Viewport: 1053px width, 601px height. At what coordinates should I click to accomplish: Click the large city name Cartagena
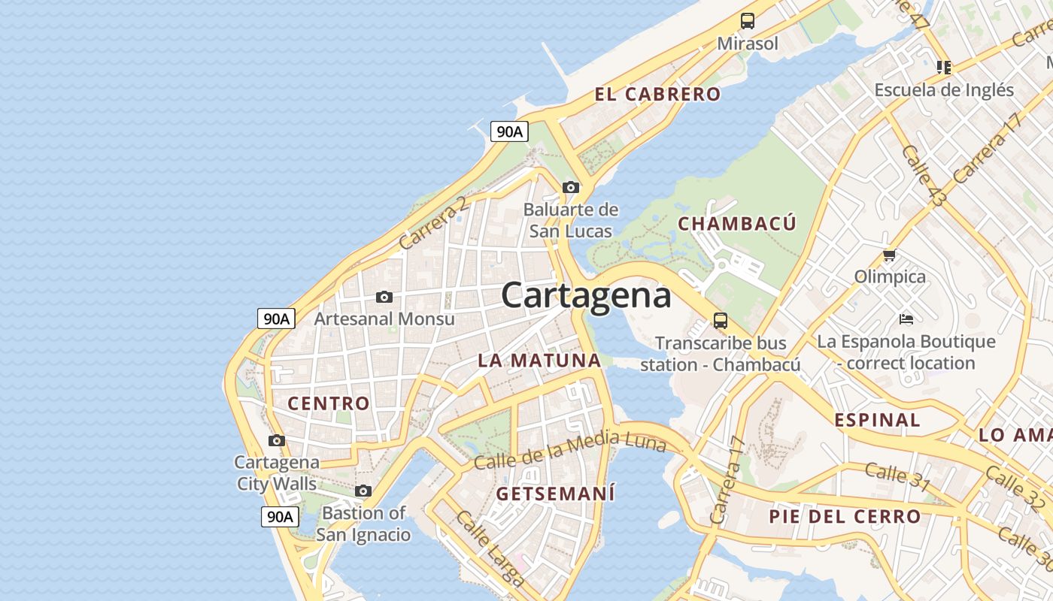tap(586, 295)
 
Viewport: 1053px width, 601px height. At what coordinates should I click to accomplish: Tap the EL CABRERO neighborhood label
tap(657, 95)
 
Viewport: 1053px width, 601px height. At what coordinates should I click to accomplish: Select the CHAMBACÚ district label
tap(736, 224)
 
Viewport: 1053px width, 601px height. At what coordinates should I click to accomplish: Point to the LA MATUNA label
tap(539, 361)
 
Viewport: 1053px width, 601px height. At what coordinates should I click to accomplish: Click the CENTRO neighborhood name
tap(329, 403)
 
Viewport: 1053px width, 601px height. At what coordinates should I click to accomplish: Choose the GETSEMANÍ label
tap(555, 494)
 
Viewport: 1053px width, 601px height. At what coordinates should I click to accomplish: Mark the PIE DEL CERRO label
tap(845, 517)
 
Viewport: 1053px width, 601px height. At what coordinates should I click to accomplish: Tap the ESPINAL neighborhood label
tap(877, 420)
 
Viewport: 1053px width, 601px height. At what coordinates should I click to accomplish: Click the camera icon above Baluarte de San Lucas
tap(571, 187)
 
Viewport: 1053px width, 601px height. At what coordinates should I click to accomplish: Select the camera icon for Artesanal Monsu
tap(384, 297)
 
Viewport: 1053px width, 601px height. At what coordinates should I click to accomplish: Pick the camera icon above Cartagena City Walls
tap(277, 441)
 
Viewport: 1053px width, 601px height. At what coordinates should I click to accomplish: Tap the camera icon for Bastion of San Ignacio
tap(363, 491)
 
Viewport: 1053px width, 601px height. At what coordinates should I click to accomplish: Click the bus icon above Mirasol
tap(747, 21)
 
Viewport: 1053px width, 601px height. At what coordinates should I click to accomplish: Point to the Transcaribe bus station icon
tap(721, 322)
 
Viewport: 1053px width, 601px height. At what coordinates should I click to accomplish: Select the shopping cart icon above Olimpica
tap(890, 255)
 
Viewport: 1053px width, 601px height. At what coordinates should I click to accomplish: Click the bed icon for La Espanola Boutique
tap(906, 319)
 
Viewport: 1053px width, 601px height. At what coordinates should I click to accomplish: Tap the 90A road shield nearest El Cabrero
tap(509, 131)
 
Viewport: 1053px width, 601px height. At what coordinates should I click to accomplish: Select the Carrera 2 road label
tap(432, 223)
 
